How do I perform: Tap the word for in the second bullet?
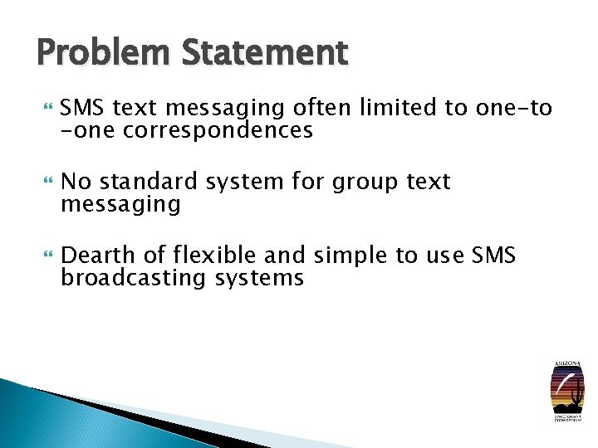308,182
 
